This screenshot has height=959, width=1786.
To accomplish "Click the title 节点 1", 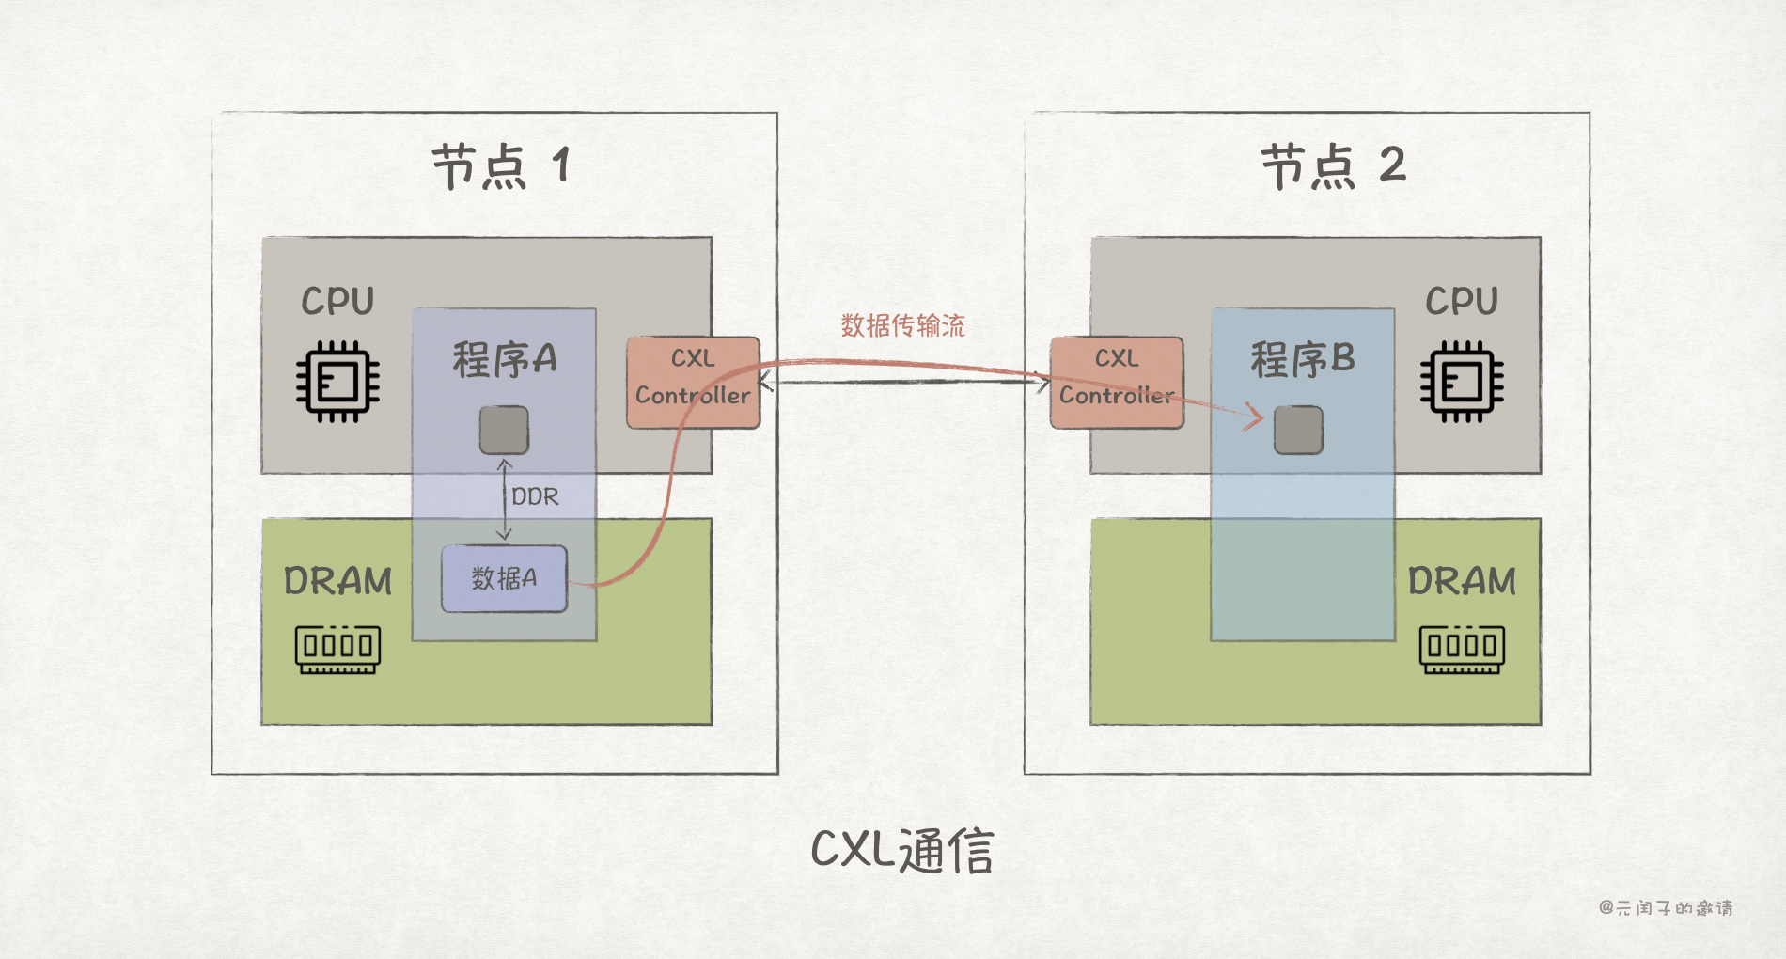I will [x=500, y=166].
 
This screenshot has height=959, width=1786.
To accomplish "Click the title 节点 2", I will [x=1332, y=166].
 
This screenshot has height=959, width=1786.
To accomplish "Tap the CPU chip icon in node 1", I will [x=338, y=382].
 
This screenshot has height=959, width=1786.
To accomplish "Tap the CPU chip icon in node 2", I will [x=1462, y=382].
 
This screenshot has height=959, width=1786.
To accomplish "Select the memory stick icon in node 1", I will [x=338, y=650].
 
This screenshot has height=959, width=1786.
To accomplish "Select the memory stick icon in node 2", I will [x=1462, y=650].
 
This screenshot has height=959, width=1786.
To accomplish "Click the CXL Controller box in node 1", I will [x=693, y=383].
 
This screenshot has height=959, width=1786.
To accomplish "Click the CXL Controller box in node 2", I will [x=1117, y=383].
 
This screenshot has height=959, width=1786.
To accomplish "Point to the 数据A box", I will [x=504, y=578].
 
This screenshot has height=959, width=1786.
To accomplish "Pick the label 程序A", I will [x=505, y=360].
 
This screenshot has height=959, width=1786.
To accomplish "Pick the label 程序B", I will [x=1303, y=360].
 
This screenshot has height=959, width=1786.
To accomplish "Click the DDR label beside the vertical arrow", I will [x=535, y=496].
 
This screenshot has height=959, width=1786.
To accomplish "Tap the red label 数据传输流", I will [x=902, y=326].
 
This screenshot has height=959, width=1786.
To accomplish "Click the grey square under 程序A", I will [x=504, y=430].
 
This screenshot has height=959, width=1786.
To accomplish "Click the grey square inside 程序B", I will [x=1298, y=430].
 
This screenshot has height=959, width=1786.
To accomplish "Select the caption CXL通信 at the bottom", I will [x=902, y=850].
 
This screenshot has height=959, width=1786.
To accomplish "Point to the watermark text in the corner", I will [x=1666, y=907].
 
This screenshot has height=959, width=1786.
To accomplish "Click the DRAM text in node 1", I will [x=338, y=582].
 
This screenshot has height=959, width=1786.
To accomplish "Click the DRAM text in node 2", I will [x=1462, y=582].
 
